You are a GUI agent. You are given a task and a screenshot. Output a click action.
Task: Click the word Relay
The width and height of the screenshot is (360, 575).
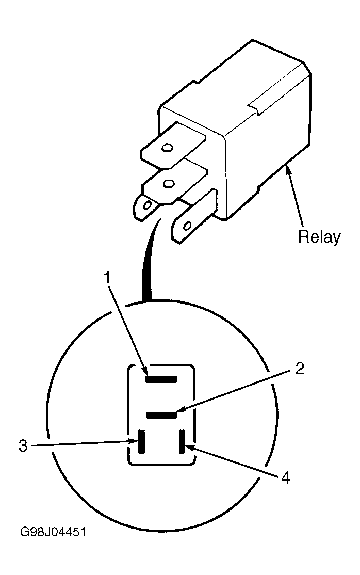(319, 237)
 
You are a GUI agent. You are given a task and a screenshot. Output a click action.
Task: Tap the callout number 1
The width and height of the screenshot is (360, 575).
(107, 278)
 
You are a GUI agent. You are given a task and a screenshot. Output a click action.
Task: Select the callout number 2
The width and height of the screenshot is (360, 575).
(300, 369)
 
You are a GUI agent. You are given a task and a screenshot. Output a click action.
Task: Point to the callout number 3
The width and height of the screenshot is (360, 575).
(23, 446)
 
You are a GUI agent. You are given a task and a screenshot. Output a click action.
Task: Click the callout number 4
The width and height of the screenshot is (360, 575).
(285, 477)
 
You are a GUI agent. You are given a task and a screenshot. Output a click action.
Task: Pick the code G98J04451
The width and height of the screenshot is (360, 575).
(53, 532)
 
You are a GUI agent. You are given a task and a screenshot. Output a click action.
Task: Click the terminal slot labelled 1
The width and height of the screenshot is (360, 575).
(161, 379)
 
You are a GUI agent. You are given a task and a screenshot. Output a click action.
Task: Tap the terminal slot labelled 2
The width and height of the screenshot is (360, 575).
(161, 415)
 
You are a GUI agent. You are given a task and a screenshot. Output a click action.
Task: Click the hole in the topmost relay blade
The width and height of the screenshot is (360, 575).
(168, 148)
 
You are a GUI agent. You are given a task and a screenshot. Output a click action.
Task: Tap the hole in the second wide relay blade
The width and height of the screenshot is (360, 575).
(169, 183)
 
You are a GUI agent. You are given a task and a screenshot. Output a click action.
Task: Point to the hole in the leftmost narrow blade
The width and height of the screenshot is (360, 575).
(148, 204)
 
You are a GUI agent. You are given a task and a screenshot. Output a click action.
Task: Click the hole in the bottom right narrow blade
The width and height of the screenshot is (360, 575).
(188, 225)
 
